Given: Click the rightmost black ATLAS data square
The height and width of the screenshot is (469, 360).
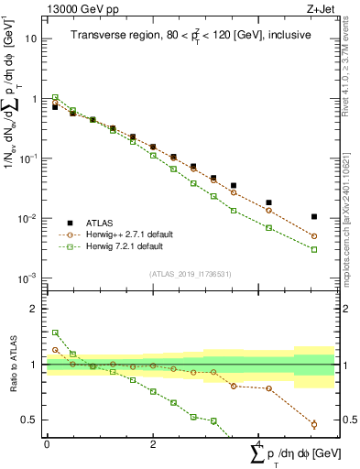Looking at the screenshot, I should coord(314,217).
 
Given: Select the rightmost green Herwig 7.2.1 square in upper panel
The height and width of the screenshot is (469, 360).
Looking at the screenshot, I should coord(314,249).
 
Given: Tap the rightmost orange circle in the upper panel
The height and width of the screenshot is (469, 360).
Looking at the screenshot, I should coord(314,236).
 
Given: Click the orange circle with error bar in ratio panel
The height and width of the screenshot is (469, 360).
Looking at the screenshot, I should coord(314,424).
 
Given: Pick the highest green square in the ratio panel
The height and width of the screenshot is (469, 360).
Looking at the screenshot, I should coord(55,333).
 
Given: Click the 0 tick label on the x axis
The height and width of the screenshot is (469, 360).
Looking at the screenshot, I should coord(47,443).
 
